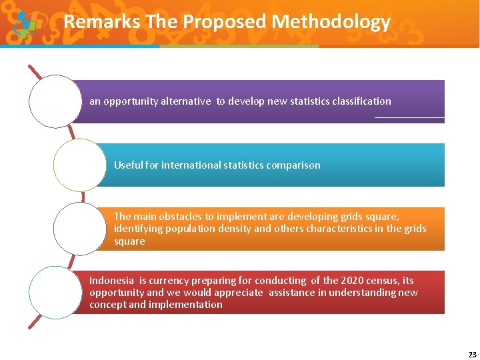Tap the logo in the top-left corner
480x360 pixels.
(25, 25)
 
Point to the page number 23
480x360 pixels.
(473, 354)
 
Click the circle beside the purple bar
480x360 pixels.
(55, 101)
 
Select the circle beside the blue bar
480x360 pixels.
(79, 165)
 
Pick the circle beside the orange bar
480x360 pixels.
(79, 229)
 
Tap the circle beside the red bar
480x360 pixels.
(55, 293)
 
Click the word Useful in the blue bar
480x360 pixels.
(128, 165)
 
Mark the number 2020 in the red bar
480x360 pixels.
(353, 281)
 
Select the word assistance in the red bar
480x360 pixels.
(294, 293)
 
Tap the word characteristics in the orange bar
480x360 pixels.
(343, 229)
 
